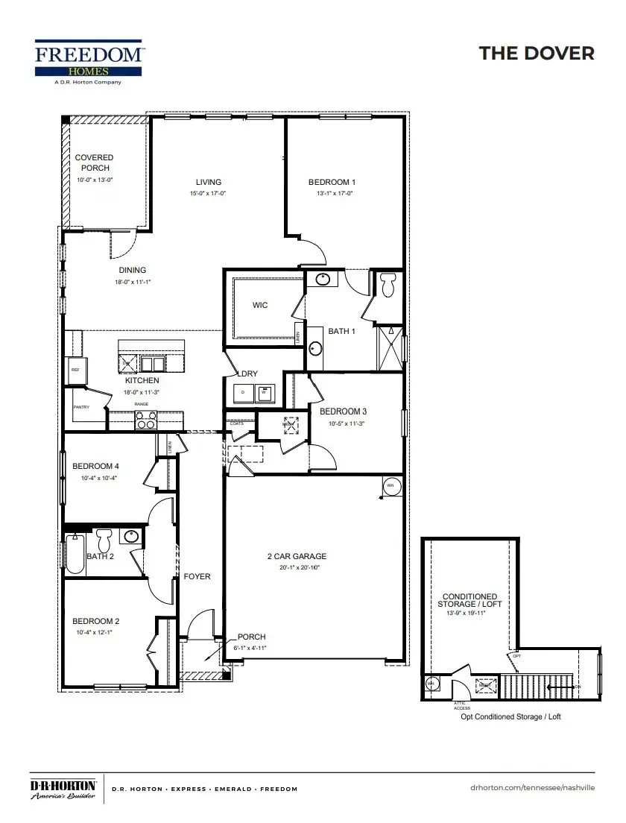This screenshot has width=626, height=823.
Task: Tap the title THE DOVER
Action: tap(537, 53)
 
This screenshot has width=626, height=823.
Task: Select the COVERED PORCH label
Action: tap(94, 163)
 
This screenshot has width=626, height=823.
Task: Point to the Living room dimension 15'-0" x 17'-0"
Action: tap(208, 193)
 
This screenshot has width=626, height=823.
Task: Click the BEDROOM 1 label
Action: tap(332, 182)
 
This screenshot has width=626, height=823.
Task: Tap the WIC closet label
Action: tap(260, 305)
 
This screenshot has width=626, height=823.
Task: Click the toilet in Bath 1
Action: tap(388, 284)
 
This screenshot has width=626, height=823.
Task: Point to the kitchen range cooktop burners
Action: tap(145, 420)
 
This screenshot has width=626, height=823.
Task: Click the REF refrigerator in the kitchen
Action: tap(75, 370)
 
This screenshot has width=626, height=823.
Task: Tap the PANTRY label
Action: tap(81, 407)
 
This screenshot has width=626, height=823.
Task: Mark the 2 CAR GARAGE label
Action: tap(297, 556)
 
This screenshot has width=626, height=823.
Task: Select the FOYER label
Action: tap(197, 576)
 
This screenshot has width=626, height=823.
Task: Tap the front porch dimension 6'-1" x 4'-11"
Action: tap(251, 648)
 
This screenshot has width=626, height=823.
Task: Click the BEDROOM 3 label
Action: tap(343, 411)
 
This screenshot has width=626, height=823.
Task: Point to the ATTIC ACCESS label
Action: tap(462, 704)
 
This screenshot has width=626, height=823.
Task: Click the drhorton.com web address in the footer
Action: tap(533, 788)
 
